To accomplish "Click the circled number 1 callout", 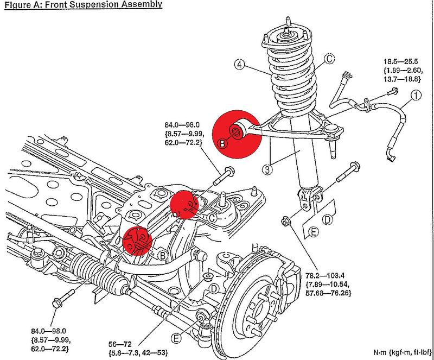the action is (416, 96).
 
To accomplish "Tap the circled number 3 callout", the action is (267, 169).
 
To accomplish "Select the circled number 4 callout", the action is (240, 65).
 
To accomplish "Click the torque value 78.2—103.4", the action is (325, 276).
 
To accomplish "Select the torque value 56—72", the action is (120, 344).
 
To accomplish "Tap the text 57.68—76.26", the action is (328, 293).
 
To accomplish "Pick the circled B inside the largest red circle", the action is (222, 143).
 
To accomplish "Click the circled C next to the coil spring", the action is (329, 59).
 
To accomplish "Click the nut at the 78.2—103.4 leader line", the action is (285, 222).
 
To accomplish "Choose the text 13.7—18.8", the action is (402, 79).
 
